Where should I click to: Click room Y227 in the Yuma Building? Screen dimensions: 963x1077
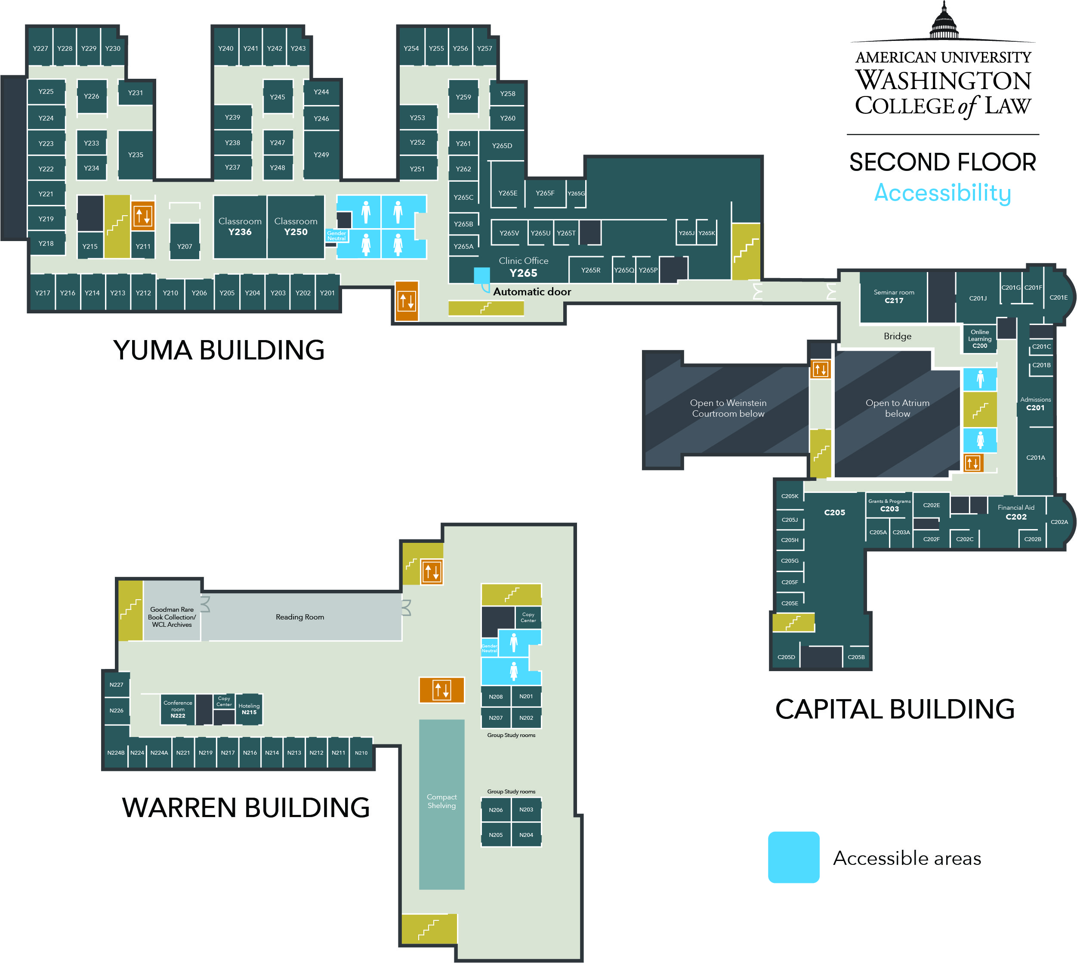click(40, 48)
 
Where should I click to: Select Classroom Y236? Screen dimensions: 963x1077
click(240, 226)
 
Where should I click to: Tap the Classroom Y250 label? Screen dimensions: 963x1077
click(296, 226)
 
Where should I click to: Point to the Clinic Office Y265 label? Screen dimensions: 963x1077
click(523, 267)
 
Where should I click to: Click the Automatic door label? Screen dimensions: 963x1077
click(532, 291)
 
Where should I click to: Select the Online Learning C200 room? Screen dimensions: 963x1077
click(980, 339)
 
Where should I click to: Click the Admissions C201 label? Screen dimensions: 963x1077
click(1035, 404)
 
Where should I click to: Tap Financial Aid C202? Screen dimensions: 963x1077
click(1015, 512)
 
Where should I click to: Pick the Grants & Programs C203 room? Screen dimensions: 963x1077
click(889, 505)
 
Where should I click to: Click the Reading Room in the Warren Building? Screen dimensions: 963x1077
click(300, 617)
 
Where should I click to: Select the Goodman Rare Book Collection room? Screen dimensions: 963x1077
click(172, 617)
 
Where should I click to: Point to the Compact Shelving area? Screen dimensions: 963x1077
click(442, 801)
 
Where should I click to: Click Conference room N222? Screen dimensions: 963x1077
click(178, 709)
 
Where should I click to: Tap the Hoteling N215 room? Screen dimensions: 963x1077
click(249, 709)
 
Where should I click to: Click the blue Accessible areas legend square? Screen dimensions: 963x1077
click(793, 857)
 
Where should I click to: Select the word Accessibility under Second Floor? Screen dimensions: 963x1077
click(943, 192)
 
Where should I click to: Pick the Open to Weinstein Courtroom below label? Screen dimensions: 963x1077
click(728, 409)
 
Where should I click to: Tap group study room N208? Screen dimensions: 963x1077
click(496, 697)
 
